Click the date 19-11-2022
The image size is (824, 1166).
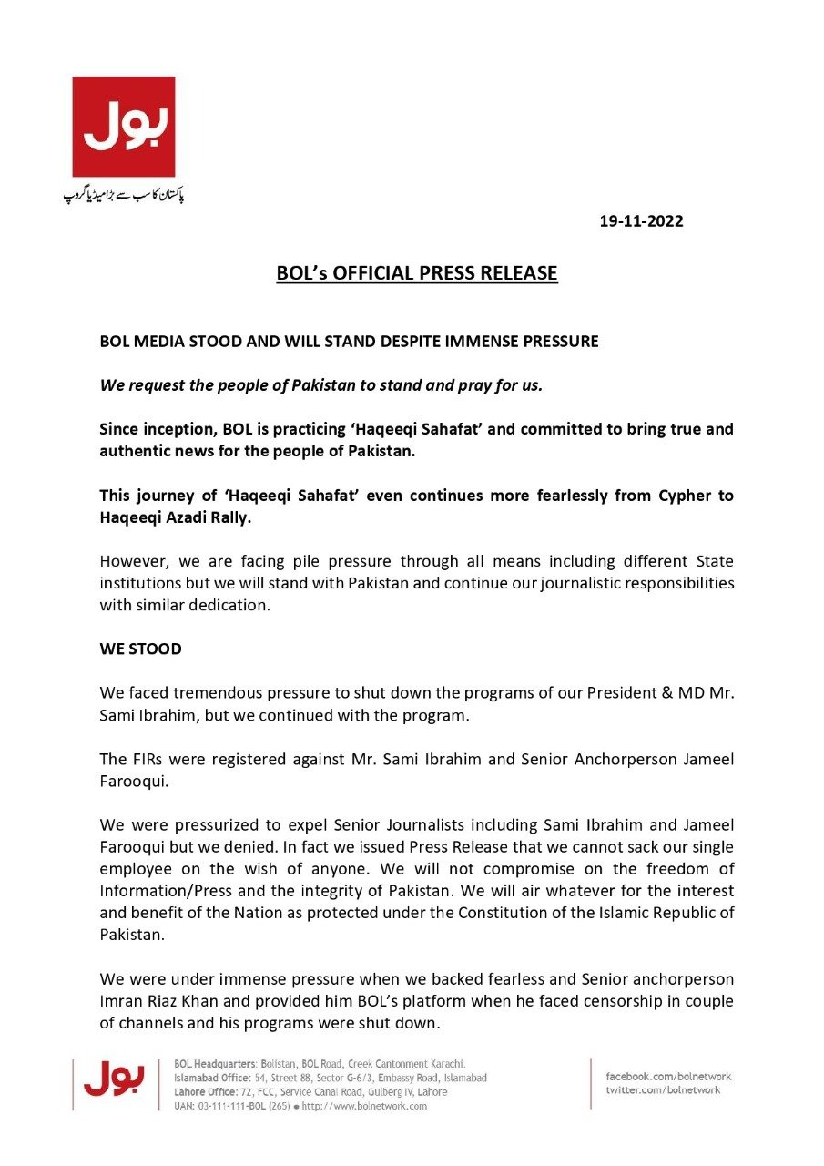641,221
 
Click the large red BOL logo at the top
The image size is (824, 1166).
124,127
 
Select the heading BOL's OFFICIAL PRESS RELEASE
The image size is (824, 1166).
417,273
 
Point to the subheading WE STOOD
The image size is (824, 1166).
141,649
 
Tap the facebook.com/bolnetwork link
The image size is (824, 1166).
668,1077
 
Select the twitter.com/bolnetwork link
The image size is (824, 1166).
663,1090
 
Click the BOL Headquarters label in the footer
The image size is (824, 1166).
214,1063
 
